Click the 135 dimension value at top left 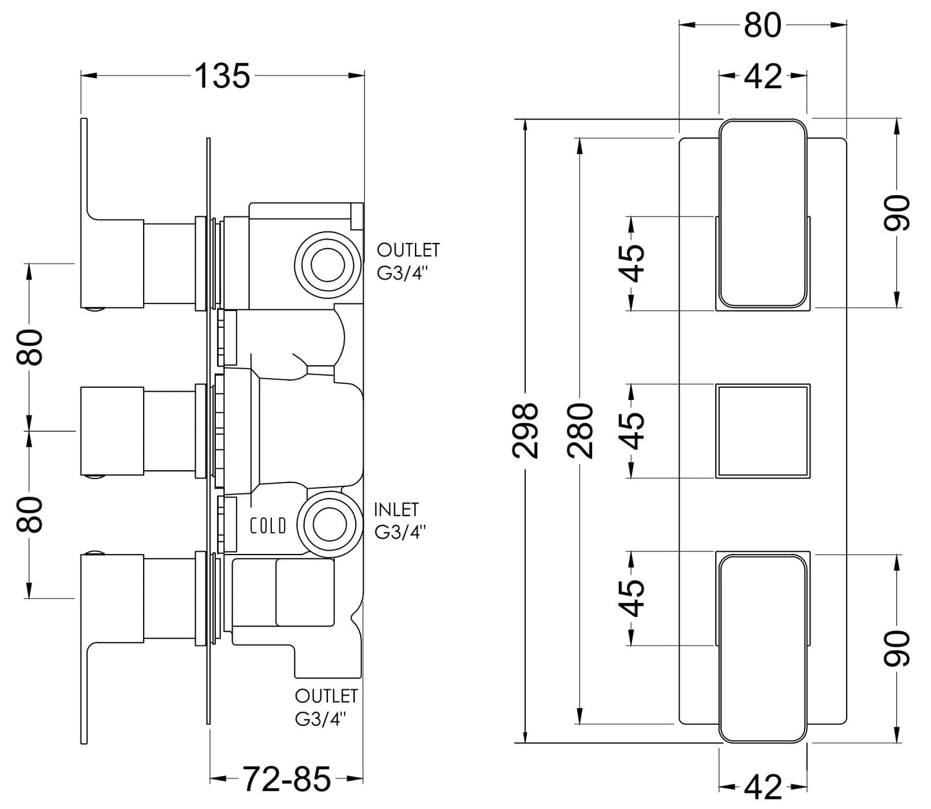tap(222, 77)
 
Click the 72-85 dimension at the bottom tap(286, 780)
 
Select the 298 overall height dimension tap(526, 430)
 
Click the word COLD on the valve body tap(268, 526)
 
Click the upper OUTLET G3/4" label tap(408, 260)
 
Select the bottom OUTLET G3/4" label tap(326, 707)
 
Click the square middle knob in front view tap(763, 431)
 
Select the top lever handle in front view tap(763, 213)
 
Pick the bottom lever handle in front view tap(763, 647)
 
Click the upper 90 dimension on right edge tap(897, 213)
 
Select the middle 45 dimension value tap(633, 431)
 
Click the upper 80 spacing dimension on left tap(30, 347)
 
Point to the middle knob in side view tap(111, 431)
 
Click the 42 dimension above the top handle tap(763, 76)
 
